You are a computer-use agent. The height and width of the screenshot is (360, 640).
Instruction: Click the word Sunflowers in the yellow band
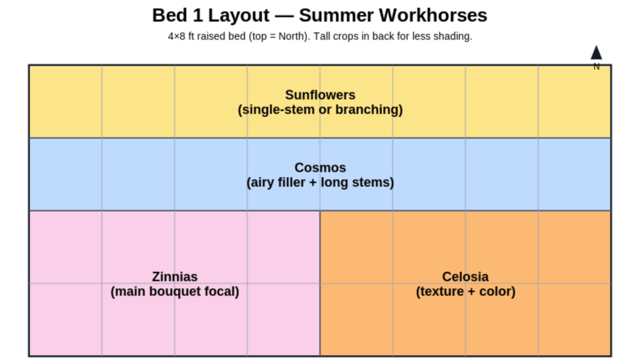(x=320, y=95)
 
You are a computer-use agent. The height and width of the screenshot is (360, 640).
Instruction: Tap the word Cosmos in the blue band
(x=320, y=167)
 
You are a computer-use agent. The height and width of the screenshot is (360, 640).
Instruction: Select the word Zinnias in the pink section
(x=174, y=276)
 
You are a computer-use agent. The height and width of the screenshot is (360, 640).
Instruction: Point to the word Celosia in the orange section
(x=465, y=276)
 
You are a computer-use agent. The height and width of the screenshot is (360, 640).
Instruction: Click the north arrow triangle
(x=596, y=53)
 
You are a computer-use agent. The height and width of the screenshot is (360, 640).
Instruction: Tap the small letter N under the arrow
(x=596, y=67)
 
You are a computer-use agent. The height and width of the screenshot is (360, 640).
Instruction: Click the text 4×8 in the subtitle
(x=177, y=36)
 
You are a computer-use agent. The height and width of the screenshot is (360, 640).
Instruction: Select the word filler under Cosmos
(x=291, y=182)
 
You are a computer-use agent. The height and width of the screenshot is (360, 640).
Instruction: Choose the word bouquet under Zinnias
(x=179, y=292)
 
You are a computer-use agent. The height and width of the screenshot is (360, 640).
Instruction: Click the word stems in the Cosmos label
(x=372, y=182)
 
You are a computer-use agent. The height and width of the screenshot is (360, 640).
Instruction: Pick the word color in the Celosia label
(x=494, y=292)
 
